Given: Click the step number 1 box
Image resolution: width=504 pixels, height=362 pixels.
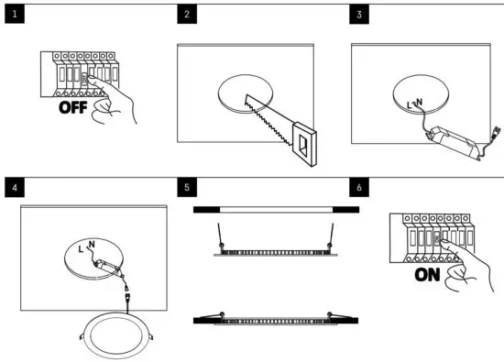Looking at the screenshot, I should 13,15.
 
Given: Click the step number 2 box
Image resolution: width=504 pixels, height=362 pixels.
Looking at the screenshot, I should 187,15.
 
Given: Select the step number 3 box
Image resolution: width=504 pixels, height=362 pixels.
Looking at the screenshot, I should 359,15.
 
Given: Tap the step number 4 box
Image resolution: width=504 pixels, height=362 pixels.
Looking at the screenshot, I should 13,188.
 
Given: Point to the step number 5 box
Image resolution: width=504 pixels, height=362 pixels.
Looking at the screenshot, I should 187,188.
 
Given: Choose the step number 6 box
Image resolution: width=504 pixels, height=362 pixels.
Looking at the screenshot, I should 359,188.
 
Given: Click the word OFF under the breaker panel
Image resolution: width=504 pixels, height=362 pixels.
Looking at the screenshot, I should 81,108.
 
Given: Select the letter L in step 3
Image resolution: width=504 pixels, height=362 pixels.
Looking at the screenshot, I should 409,107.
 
